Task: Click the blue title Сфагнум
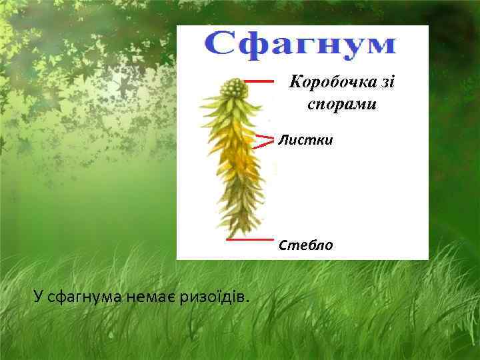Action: pyautogui.click(x=299, y=45)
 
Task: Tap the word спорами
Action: pyautogui.click(x=342, y=104)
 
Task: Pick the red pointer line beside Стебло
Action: pyautogui.click(x=250, y=239)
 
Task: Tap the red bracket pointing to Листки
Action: pyautogui.click(x=265, y=139)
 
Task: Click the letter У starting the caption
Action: pyautogui.click(x=37, y=295)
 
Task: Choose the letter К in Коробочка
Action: pyautogui.click(x=294, y=83)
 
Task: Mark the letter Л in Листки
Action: pyautogui.click(x=283, y=141)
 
